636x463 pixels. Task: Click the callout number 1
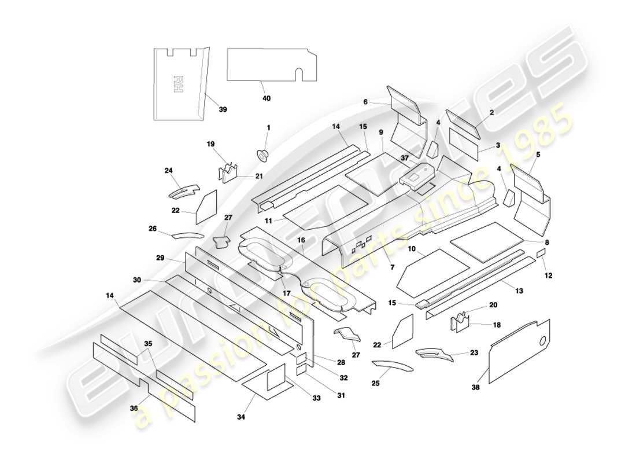pos(268,127)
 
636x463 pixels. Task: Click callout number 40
pos(266,98)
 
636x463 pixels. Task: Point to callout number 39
pos(223,110)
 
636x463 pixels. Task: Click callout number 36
pos(134,408)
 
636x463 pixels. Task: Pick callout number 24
pos(168,171)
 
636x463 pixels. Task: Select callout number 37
pos(405,158)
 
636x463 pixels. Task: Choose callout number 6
pos(365,102)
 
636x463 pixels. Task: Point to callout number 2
pos(491,113)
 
